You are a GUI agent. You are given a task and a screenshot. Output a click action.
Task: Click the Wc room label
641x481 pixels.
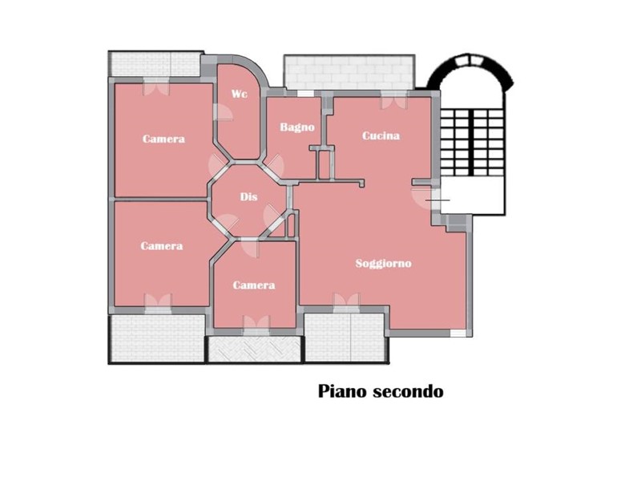pos(240,95)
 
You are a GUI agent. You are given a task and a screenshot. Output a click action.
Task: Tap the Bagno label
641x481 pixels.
pos(296,127)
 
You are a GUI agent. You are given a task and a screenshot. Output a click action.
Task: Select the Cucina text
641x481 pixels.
pos(381,135)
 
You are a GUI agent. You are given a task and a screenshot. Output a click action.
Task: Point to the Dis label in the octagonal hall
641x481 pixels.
pos(248,197)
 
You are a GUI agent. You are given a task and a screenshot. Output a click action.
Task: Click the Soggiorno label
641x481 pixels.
pos(384,263)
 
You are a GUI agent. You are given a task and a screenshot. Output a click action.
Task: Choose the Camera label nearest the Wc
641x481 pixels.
pos(163,139)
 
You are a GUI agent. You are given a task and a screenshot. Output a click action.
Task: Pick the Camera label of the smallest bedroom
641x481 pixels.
pos(254,285)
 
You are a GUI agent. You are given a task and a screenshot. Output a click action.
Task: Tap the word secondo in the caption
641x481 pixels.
pos(411,391)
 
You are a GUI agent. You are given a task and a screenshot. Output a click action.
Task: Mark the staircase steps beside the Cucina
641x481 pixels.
pos(471,140)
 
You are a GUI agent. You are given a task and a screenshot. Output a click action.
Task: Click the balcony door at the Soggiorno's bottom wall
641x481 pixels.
pos(346,302)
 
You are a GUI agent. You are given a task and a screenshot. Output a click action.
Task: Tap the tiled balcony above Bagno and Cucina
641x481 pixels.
pos(349,72)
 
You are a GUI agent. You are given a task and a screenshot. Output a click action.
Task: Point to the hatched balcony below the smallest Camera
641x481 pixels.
pos(254,350)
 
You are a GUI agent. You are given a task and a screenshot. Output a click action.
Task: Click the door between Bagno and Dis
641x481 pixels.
pos(275,166)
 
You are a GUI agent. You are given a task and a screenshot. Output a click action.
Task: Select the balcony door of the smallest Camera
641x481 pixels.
pos(256,323)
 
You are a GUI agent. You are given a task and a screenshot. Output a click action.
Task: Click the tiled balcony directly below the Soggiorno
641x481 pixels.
pos(346,337)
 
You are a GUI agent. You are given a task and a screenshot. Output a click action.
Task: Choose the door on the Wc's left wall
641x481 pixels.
pos(217,114)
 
